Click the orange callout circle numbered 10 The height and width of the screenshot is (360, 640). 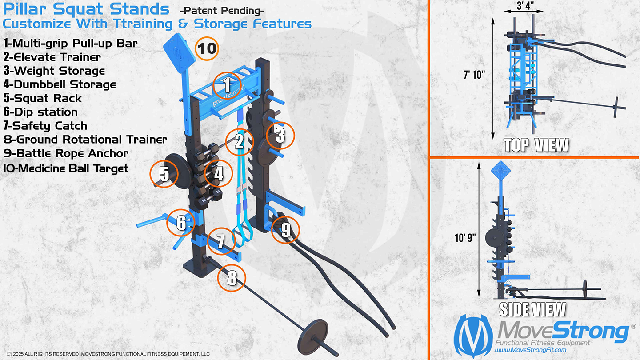pos(207,48)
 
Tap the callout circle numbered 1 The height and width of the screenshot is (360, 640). pos(227,85)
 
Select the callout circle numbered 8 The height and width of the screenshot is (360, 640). pos(232,278)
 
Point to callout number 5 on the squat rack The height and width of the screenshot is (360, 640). pos(164,174)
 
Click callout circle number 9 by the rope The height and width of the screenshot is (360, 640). pos(285,230)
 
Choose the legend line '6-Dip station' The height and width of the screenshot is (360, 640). pos(40,112)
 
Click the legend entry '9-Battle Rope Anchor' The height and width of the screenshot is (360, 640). pos(66,153)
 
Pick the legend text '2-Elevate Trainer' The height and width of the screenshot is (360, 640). pos(52,57)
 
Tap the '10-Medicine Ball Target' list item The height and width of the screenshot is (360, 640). pos(65,168)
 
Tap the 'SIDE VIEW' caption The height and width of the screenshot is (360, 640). pos(532,309)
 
